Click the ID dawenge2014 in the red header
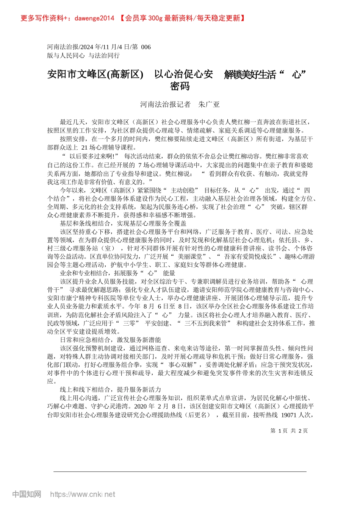coord(94,18)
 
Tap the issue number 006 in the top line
coord(146,47)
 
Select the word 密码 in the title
coord(180,86)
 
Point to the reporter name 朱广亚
coord(209,105)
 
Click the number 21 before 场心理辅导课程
coord(85,147)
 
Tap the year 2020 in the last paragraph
coord(142,406)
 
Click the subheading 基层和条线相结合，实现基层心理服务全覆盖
coord(123,223)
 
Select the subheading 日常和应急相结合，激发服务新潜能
coord(110,340)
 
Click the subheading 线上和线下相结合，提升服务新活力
coord(110,389)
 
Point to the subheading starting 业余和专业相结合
coord(117,273)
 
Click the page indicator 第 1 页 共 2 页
coord(289,431)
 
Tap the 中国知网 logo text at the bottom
coord(27,494)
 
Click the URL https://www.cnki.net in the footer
coord(83,494)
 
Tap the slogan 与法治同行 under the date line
coord(104,55)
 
